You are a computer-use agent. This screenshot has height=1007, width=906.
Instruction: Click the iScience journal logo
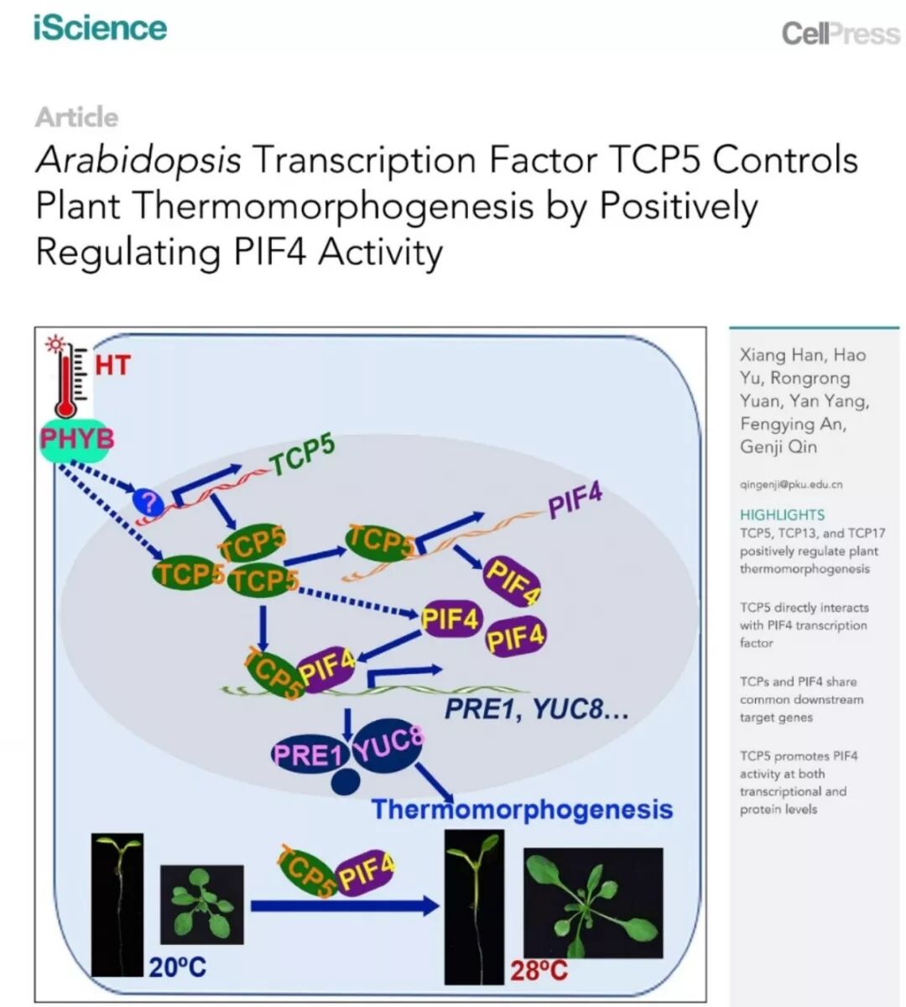[100, 27]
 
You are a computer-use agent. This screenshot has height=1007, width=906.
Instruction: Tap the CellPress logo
[840, 34]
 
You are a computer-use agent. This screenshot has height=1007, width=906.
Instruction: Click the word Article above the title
[76, 117]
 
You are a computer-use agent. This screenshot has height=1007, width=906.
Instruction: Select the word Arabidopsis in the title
[138, 159]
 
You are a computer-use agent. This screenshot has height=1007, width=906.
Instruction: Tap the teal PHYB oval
[76, 439]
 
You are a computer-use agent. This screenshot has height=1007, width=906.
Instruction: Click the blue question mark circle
[147, 503]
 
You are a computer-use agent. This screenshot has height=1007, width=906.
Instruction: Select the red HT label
[112, 366]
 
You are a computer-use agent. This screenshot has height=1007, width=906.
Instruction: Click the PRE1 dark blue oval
[308, 754]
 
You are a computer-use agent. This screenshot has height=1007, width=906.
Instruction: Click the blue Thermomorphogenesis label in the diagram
[522, 809]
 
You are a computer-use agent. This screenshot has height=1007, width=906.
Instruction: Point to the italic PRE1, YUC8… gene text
[536, 710]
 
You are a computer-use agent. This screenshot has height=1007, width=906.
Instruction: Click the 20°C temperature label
[177, 968]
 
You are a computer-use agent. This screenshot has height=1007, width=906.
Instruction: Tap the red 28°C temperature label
[539, 971]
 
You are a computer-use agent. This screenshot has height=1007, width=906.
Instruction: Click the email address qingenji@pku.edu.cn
[791, 484]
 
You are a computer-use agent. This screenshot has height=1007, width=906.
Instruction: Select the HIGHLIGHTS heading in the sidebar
[782, 514]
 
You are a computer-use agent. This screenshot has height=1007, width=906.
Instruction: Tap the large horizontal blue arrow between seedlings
[344, 905]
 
